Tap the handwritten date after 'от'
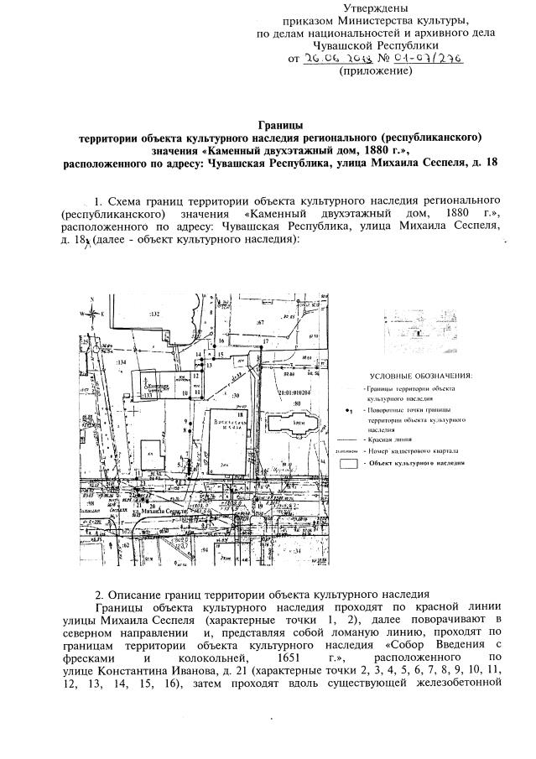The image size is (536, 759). (x=333, y=59)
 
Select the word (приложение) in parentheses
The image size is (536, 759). (x=375, y=73)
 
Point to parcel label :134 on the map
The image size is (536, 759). (x=120, y=361)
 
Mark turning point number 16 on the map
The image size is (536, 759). (x=221, y=341)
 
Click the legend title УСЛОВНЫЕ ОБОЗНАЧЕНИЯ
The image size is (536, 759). (x=421, y=375)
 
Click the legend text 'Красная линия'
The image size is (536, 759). (x=389, y=439)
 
